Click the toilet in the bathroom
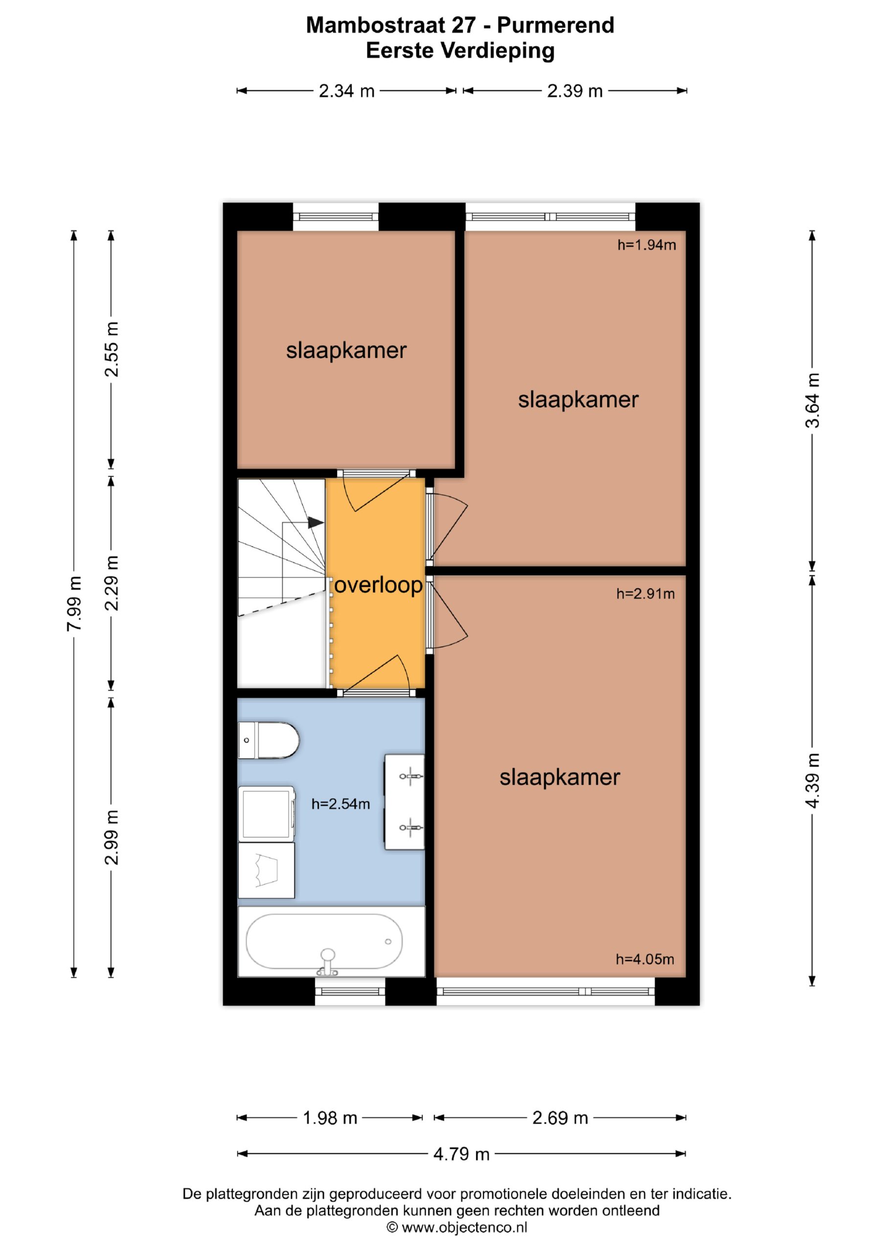pos(269,740)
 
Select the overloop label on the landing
pos(378,584)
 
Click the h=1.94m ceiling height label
pos(646,245)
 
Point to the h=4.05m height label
pos(645,959)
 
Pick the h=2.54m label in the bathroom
pos(341,803)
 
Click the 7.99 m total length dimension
pos(74,604)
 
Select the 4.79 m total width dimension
pos(461,1153)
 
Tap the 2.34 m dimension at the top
pos(346,90)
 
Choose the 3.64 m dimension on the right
pos(812,400)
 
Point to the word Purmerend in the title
pos(555,25)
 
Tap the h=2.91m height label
pos(645,593)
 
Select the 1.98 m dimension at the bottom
pos(330,1118)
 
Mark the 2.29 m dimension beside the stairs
pos(111,583)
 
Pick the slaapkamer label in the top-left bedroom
pos(346,350)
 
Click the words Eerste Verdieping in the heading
pos(460,50)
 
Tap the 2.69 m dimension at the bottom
pos(560,1118)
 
